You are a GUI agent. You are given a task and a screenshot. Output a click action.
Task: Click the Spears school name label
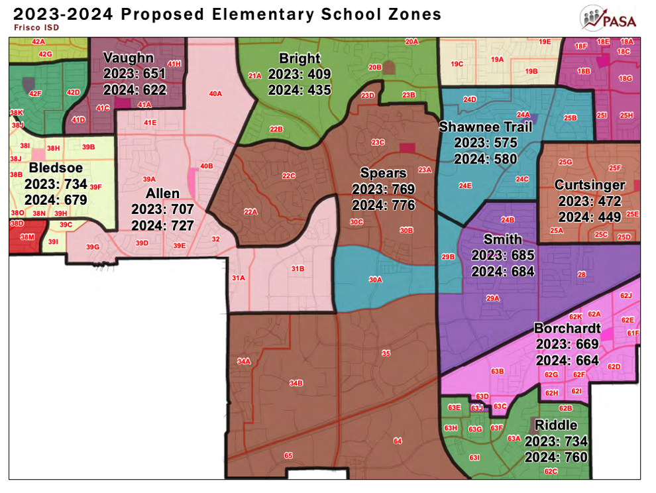click(383, 174)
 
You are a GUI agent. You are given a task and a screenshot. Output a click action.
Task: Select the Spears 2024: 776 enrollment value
click(383, 205)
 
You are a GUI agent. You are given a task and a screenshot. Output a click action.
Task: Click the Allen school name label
click(162, 193)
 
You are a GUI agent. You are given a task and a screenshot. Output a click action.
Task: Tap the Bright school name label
click(300, 58)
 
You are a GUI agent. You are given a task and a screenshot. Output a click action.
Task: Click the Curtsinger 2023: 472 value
click(590, 201)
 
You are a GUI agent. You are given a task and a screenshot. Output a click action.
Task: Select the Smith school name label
click(502, 239)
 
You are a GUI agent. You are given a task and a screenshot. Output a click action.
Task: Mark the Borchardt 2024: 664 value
click(567, 360)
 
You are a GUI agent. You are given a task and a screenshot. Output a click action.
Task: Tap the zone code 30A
click(375, 280)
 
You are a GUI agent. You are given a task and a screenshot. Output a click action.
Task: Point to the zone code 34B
click(296, 383)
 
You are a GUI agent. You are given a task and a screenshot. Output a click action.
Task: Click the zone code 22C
click(288, 176)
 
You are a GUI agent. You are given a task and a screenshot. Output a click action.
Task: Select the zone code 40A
click(215, 94)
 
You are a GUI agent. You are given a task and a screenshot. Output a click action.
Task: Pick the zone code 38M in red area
click(27, 237)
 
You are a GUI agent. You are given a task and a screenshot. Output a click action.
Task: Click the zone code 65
click(288, 455)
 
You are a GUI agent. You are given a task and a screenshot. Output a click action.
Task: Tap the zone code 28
click(582, 274)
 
